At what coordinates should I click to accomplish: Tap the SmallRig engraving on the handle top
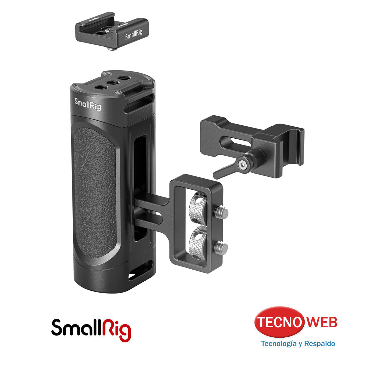(88, 104)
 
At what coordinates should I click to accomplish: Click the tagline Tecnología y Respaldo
(298, 343)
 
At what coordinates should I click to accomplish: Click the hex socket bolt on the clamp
(242, 164)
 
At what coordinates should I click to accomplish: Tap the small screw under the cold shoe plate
(111, 49)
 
